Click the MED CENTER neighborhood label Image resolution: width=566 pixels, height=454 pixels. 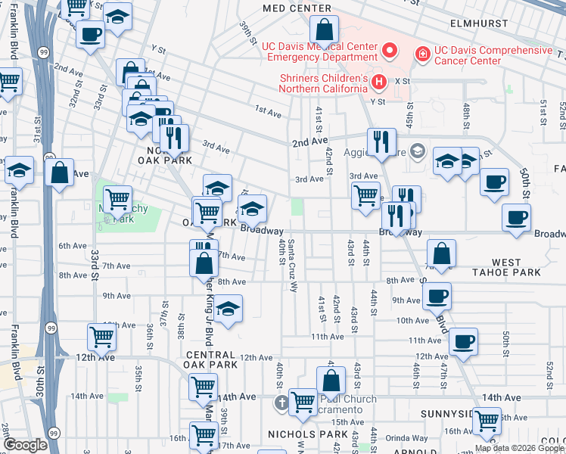point(297,8)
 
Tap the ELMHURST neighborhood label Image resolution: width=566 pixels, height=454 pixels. point(478,23)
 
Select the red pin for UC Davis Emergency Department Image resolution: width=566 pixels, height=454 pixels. point(390,51)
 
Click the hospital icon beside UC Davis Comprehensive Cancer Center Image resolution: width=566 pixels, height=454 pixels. point(421,54)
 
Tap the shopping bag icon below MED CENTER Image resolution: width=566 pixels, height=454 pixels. point(324,32)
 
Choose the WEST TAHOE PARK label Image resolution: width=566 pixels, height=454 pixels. point(506,267)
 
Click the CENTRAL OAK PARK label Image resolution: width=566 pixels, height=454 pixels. point(210,359)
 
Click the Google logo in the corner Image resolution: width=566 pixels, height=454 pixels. point(25,445)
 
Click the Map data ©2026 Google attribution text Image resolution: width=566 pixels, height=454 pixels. point(518,448)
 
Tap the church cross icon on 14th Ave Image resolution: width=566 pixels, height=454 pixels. point(282,401)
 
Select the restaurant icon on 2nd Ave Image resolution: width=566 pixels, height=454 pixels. point(381,141)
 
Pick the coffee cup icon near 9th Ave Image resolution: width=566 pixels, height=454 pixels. point(436,296)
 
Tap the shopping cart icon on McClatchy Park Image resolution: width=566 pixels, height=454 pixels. point(117,201)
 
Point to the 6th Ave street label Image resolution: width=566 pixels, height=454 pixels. point(73,245)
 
